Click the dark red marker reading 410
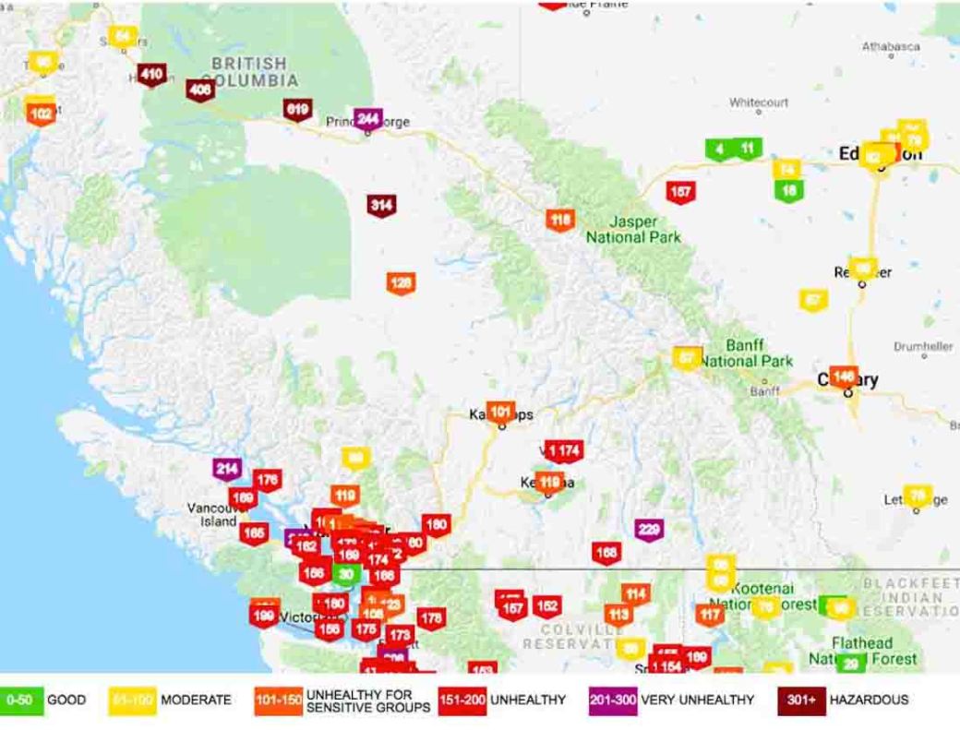152,75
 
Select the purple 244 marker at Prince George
367,118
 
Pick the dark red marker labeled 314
381,205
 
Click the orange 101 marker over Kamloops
500,412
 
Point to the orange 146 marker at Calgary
843,377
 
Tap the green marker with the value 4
719,149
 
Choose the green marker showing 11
747,148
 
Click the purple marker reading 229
649,529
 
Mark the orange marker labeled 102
41,114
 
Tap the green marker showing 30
344,573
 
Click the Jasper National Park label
634,230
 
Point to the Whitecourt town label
759,102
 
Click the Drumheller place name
923,346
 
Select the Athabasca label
891,46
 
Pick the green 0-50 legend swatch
21,700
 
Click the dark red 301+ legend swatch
800,700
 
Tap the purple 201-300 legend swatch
613,700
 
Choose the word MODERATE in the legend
196,700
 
